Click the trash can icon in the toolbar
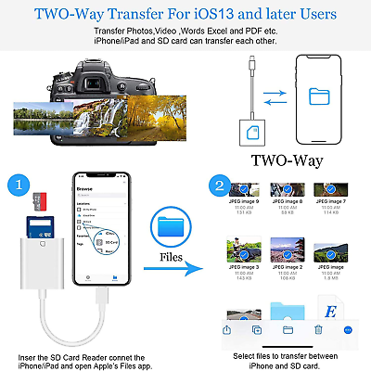[317, 329]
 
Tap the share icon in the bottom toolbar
[226, 329]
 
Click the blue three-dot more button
[348, 329]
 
